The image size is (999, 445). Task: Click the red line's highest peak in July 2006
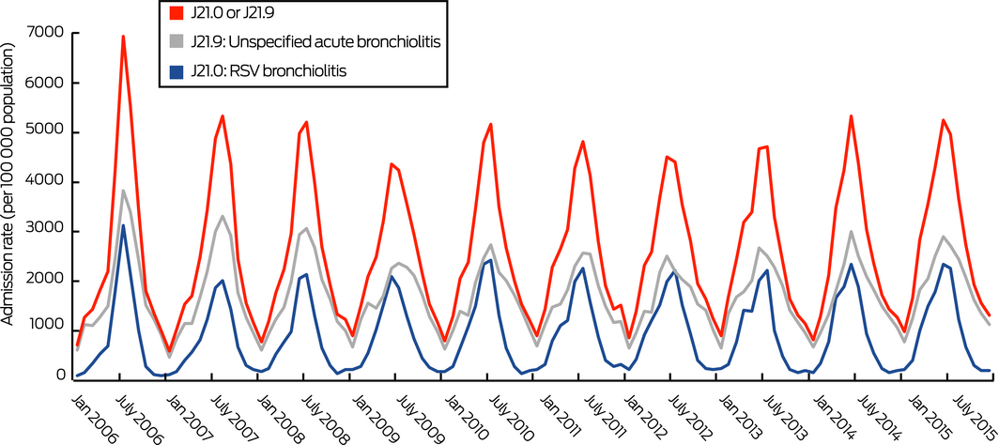tap(123, 37)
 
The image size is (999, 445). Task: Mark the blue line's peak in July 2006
tap(123, 225)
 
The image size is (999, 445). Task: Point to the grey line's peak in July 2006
tap(123, 191)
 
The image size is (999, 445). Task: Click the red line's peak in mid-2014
tap(851, 116)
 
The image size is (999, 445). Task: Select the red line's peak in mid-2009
tap(392, 164)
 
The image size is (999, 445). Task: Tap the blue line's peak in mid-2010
tap(489, 260)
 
